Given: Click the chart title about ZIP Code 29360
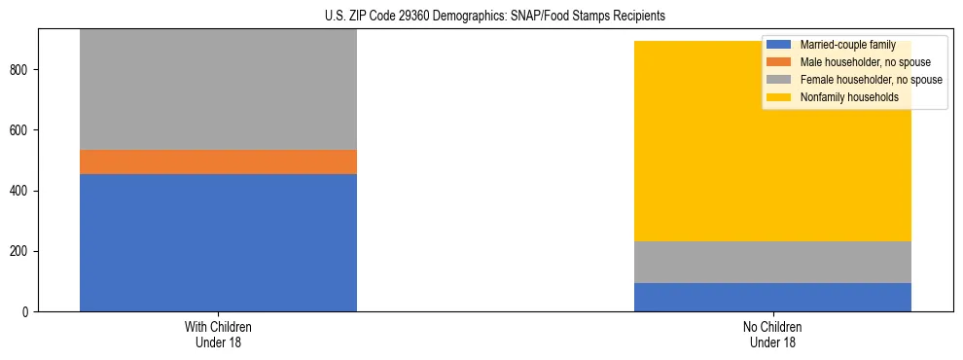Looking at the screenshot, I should (x=495, y=17).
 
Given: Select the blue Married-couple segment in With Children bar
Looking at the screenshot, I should (x=218, y=242).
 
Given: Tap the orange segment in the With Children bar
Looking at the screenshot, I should (x=218, y=162).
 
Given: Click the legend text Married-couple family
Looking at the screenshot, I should (x=847, y=45).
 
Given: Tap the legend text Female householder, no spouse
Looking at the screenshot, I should (x=871, y=80).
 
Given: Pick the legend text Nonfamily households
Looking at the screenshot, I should (x=849, y=97).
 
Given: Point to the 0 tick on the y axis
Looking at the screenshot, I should (x=27, y=311).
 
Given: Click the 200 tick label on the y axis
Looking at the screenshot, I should (x=21, y=251).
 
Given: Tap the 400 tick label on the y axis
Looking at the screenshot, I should (x=21, y=191).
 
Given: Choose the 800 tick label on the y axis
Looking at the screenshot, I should (x=21, y=70).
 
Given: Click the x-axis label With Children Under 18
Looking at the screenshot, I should (x=218, y=334).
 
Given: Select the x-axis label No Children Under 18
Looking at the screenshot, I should (x=772, y=334).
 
